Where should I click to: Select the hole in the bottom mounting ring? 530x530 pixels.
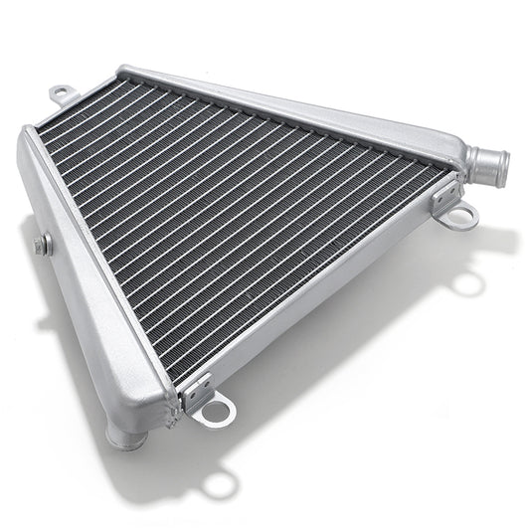(216, 411)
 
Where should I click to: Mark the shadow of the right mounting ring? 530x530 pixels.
(468, 284)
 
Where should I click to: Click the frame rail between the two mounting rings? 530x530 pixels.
(328, 298)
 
